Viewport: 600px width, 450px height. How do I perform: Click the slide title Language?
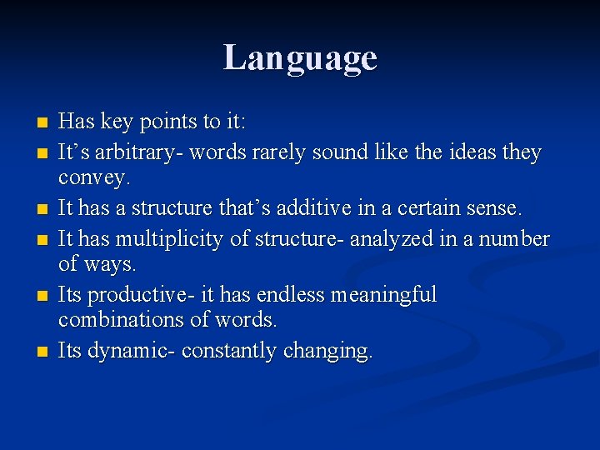point(300,58)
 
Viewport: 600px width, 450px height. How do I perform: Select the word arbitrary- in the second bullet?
point(137,153)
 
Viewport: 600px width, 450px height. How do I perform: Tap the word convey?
point(93,178)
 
